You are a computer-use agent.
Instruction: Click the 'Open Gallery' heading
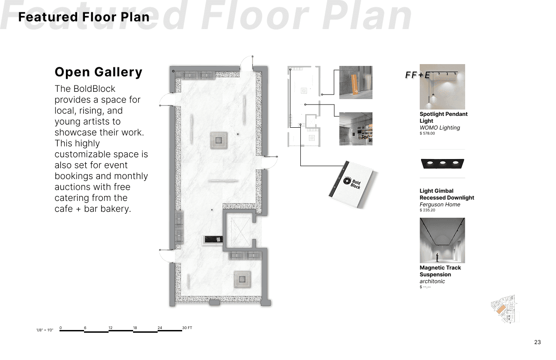[98, 72]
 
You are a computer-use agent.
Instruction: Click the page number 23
[537, 342]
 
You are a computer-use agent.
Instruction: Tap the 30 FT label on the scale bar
[187, 328]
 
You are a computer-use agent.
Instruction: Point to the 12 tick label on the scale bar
[110, 328]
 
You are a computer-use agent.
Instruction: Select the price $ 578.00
[427, 133]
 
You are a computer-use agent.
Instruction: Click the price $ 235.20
[427, 210]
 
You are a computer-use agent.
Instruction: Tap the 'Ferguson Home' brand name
[440, 204]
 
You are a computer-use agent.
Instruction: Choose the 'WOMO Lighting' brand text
[440, 127]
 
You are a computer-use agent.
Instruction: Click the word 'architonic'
[432, 281]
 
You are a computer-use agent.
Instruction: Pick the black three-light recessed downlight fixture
[442, 164]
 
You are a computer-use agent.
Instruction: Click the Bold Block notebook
[352, 185]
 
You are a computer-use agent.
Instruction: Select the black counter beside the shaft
[213, 240]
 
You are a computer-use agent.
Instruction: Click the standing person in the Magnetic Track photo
[437, 257]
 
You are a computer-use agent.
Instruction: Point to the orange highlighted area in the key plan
[501, 309]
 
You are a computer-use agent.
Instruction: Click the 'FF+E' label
[417, 75]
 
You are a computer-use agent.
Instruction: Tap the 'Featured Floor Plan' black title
[84, 17]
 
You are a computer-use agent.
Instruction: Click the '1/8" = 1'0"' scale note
[45, 330]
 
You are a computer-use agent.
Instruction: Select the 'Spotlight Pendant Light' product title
[443, 117]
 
